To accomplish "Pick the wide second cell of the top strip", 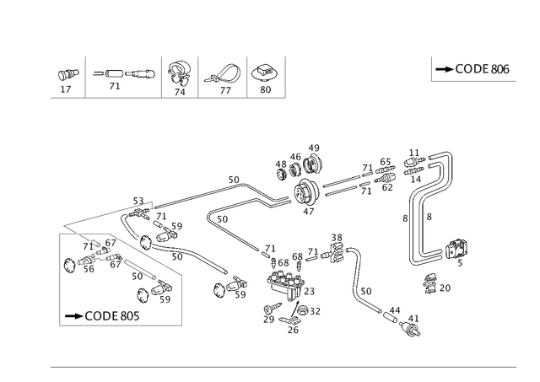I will (121, 77).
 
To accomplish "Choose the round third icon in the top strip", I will (178, 76).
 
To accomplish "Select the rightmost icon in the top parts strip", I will (264, 76).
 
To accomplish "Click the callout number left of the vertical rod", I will (403, 217).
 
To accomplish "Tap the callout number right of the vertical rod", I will (429, 217).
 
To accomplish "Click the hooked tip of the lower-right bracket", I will (462, 247).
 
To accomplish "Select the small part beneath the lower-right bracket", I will (438, 285).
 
